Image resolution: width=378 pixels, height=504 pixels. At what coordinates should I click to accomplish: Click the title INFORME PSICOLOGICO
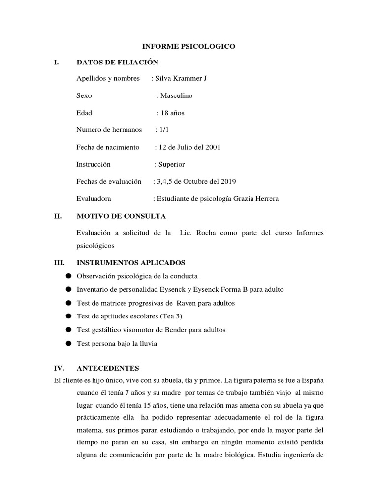coord(189,46)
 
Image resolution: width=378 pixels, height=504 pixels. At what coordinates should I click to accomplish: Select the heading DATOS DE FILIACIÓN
coord(118,62)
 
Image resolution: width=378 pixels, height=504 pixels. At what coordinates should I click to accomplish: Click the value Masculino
coord(176,95)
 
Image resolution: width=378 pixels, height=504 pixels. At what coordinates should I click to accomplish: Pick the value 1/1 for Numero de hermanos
coord(163,130)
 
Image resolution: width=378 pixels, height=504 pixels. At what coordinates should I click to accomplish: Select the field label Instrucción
coord(94,164)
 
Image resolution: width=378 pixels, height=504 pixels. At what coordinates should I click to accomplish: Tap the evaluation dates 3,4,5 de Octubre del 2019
coord(196,182)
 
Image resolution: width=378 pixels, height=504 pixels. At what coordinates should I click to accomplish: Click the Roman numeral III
coord(59,263)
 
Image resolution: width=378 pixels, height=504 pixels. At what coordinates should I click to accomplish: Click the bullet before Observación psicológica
coord(68,276)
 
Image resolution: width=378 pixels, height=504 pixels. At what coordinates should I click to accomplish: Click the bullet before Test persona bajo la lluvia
coord(68,343)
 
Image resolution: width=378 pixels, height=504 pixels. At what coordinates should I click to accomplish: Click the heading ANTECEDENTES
coord(108,368)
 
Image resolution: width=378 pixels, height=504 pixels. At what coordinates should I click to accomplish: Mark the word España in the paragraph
coord(312,381)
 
